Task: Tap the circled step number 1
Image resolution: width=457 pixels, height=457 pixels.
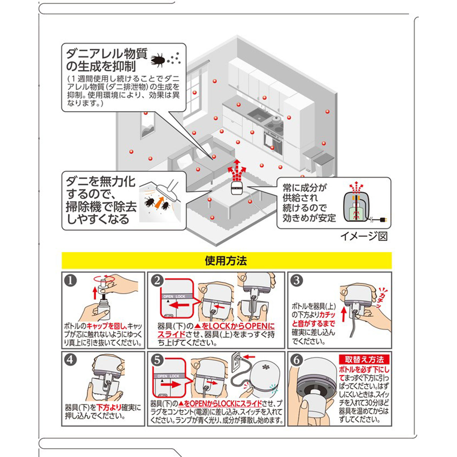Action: (71, 281)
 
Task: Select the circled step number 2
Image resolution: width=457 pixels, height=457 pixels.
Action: (157, 281)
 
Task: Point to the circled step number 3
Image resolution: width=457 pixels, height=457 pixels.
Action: (296, 281)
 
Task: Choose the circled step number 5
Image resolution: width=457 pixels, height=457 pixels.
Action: (157, 360)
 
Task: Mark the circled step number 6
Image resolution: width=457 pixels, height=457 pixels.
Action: (296, 360)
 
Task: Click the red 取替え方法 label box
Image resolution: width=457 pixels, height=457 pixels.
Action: (364, 360)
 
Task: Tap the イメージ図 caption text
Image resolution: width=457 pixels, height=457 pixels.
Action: (364, 236)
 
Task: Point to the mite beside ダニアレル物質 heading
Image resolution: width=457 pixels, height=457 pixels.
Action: (158, 60)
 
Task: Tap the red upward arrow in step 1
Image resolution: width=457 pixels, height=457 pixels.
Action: (95, 293)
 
